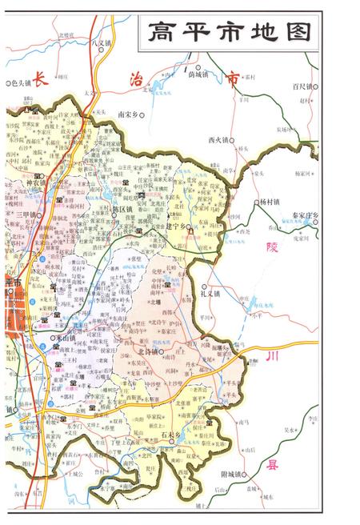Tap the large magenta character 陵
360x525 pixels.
pos(271,246)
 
